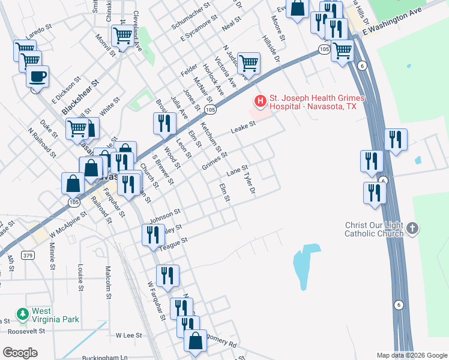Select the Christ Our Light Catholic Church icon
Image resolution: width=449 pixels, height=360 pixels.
pyautogui.click(x=412, y=228)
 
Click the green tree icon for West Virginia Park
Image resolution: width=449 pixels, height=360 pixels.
pyautogui.click(x=23, y=314)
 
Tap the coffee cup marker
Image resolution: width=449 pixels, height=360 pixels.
pyautogui.click(x=37, y=77)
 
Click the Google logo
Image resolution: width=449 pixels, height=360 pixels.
pyautogui.click(x=20, y=353)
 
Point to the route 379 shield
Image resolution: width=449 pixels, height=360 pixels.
pyautogui.click(x=28, y=238)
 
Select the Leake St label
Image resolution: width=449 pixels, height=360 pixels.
pyautogui.click(x=244, y=127)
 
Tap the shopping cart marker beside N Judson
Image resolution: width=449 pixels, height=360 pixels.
pyautogui.click(x=249, y=62)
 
